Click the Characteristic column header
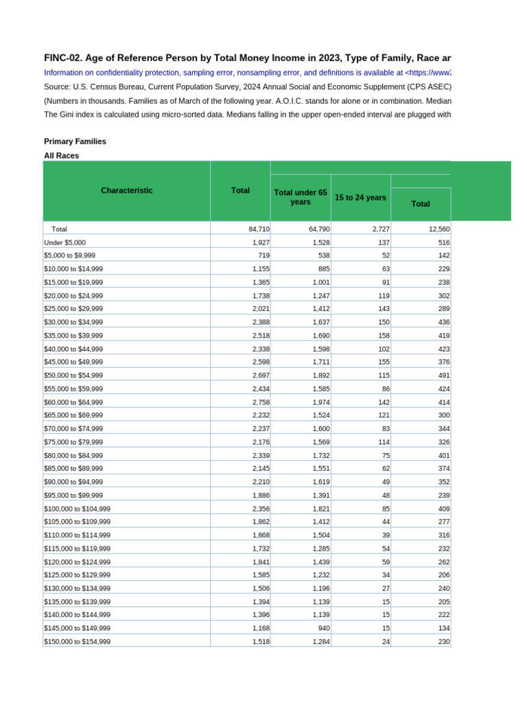pyautogui.click(x=126, y=190)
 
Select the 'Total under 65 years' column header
pyautogui.click(x=301, y=197)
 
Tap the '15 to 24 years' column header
pyautogui.click(x=360, y=197)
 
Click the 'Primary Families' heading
pyautogui.click(x=75, y=141)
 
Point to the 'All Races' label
pyautogui.click(x=61, y=156)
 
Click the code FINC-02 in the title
pyautogui.click(x=62, y=58)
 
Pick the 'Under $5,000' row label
pyautogui.click(x=65, y=242)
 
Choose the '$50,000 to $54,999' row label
pyautogui.click(x=73, y=376)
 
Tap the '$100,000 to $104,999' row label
pyautogui.click(x=77, y=509)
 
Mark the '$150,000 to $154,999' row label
pyautogui.click(x=77, y=641)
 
